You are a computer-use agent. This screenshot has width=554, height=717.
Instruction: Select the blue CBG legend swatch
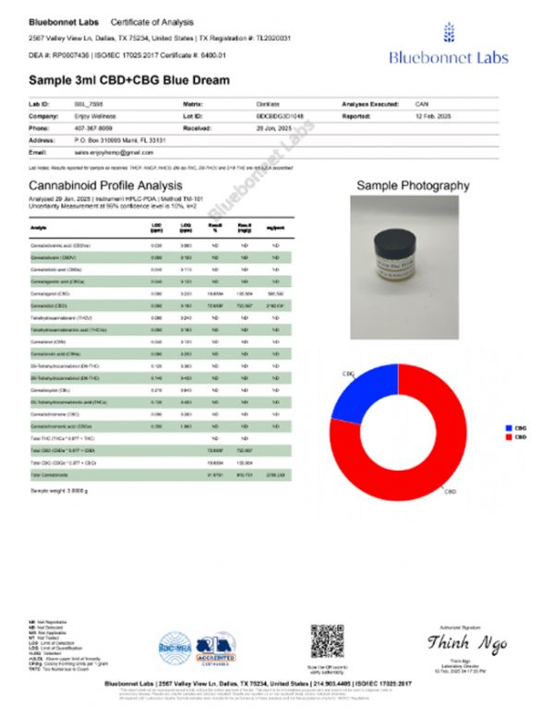click(509, 427)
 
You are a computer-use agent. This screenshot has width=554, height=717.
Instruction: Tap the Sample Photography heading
click(412, 185)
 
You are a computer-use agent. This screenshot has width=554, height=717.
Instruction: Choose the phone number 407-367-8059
click(92, 128)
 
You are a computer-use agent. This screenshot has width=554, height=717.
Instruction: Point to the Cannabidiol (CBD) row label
click(52, 303)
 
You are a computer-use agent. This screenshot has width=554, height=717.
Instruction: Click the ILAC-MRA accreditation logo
click(175, 646)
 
